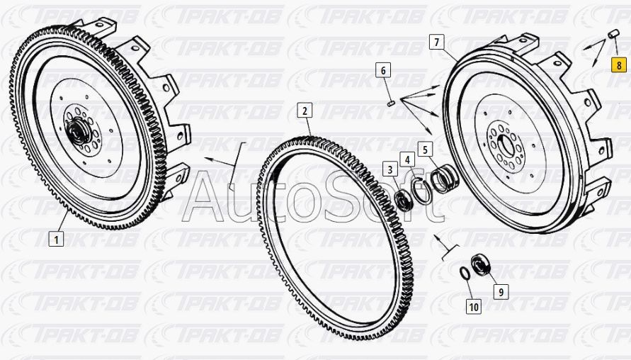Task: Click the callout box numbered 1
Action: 56,240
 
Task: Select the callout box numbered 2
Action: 305,111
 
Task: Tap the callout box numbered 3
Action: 390,169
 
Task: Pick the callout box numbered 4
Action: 407,160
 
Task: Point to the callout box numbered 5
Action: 425,150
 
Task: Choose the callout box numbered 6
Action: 383,70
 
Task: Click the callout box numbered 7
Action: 437,42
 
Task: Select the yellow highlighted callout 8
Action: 619,64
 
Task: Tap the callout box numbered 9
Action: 501,291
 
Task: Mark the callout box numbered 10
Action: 474,306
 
